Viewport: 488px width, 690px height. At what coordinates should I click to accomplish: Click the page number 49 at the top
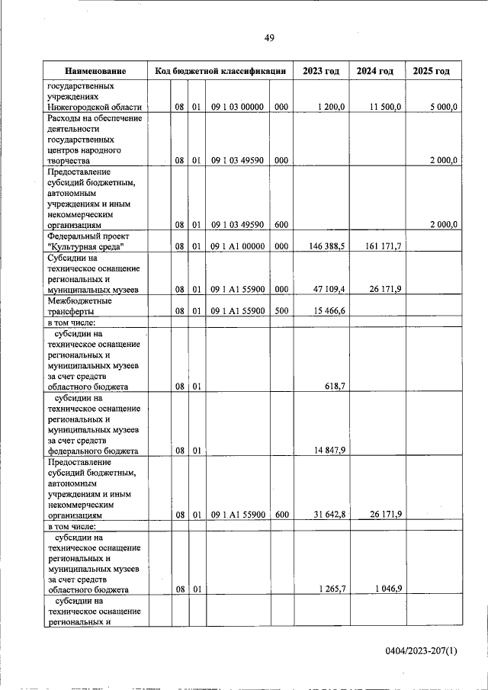[269, 38]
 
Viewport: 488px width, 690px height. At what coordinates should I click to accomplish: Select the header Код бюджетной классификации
[220, 71]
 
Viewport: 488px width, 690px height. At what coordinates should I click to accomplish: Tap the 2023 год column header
[320, 71]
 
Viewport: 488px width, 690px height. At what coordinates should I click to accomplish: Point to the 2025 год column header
[431, 71]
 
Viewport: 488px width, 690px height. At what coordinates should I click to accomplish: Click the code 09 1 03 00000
[238, 108]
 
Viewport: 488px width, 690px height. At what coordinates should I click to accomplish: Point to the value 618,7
[334, 387]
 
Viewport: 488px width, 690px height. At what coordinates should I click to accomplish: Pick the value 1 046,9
[387, 589]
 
